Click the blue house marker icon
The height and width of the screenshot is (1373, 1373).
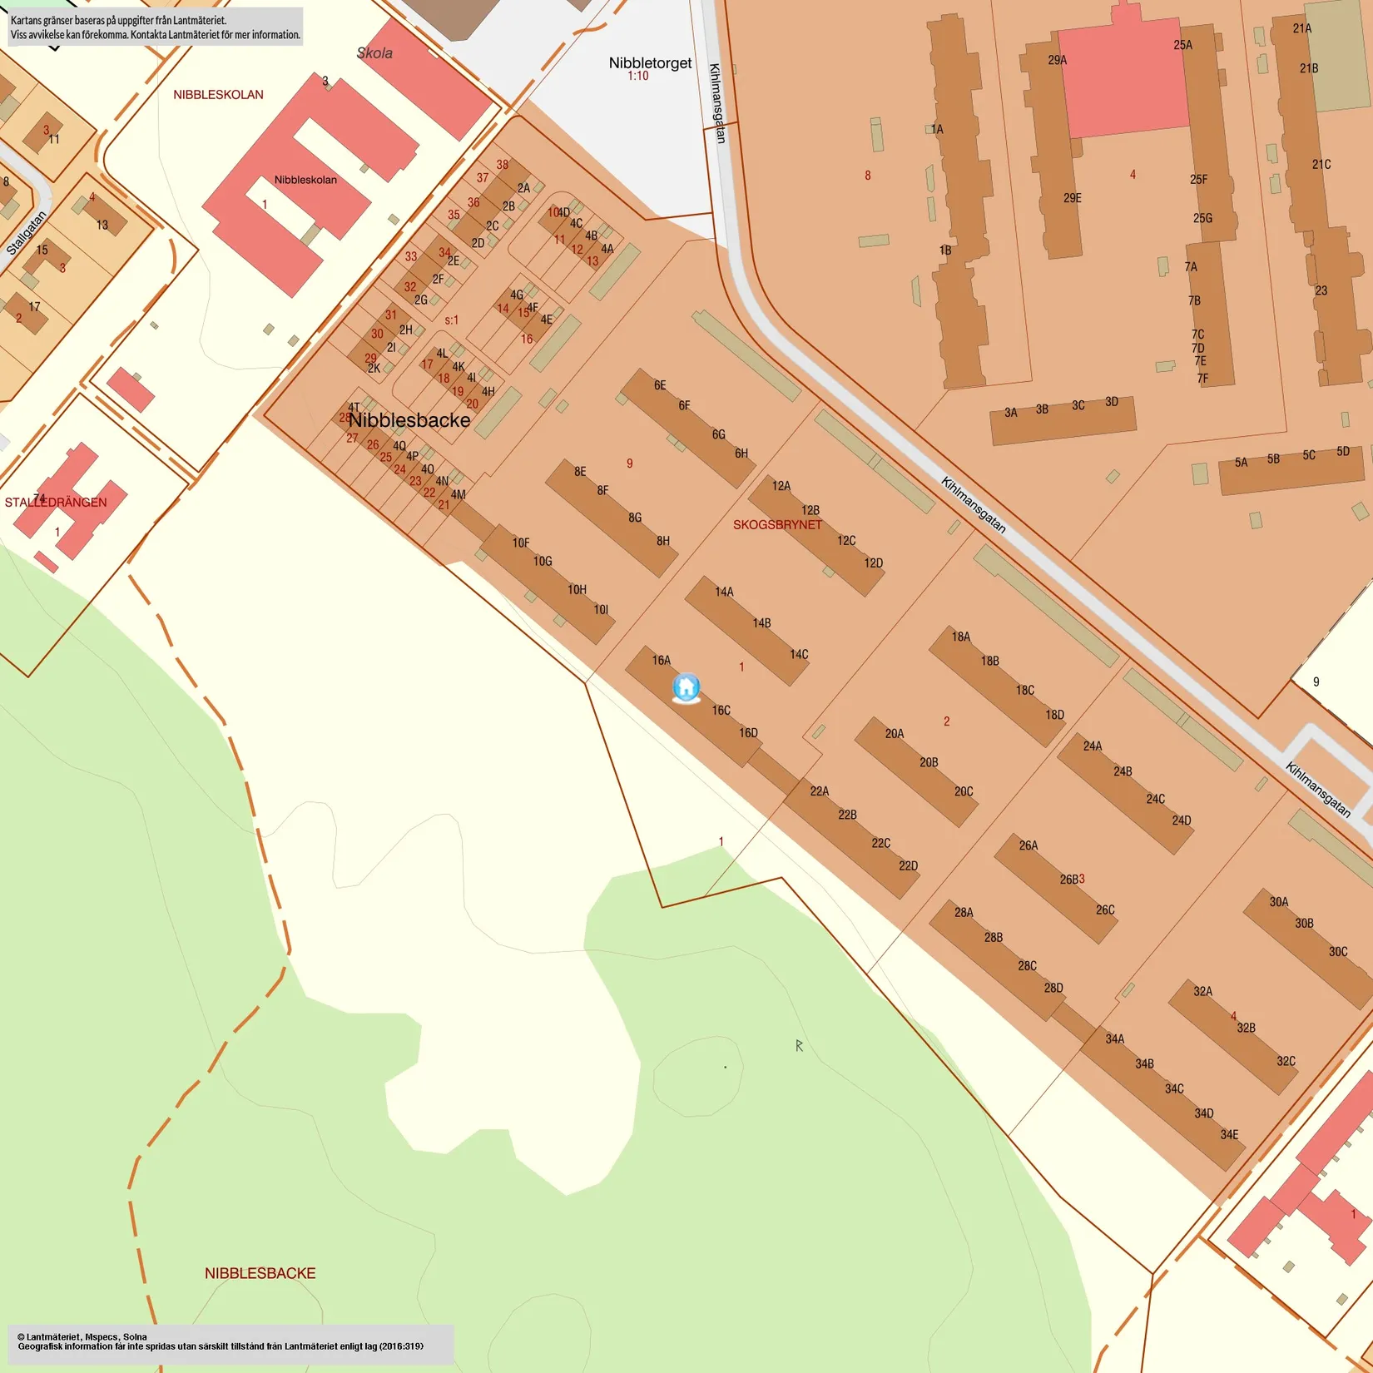686,687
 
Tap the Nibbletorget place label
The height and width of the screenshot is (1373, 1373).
650,63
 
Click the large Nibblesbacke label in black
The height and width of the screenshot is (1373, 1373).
409,420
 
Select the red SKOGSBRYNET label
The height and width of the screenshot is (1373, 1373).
777,525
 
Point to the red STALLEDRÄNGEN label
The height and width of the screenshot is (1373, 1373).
56,503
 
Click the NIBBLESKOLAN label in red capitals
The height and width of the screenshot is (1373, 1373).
218,95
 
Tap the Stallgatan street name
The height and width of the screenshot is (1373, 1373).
27,233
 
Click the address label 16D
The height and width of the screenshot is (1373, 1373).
748,733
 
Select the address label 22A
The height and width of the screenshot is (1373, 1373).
820,791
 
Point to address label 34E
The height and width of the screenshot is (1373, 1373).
1229,1134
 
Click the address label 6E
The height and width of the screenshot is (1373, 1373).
660,385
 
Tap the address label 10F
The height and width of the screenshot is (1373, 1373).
521,543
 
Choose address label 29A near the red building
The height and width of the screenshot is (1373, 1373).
1057,60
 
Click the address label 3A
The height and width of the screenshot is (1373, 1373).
1010,413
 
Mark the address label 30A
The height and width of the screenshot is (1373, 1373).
1279,902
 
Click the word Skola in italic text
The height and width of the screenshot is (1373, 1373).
374,53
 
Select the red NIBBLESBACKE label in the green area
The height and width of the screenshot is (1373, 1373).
260,1273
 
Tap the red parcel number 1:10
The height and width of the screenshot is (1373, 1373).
637,77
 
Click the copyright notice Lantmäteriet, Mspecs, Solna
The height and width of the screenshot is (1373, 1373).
82,1337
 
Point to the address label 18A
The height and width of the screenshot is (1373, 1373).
961,637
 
